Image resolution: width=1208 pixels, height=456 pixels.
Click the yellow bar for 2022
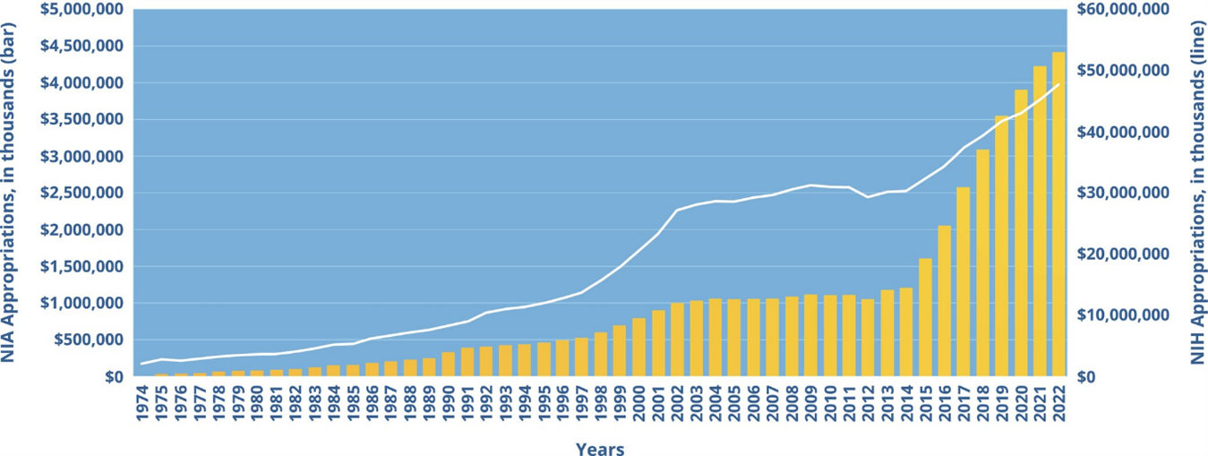pyautogui.click(x=1058, y=214)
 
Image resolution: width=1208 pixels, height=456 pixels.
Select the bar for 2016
pyautogui.click(x=945, y=301)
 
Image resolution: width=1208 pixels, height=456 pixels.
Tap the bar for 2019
pyautogui.click(x=1001, y=246)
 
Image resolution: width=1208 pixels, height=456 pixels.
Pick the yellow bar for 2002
pyautogui.click(x=677, y=340)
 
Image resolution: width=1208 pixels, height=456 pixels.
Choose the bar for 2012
pyautogui.click(x=868, y=338)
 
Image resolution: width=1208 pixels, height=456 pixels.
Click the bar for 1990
pyautogui.click(x=448, y=365)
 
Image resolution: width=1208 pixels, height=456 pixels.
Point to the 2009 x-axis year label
pyautogui.click(x=811, y=404)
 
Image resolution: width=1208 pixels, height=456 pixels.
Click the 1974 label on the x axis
pyautogui.click(x=141, y=404)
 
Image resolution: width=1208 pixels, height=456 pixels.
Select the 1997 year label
pyautogui.click(x=581, y=404)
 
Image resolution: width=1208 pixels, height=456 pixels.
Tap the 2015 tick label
pyautogui.click(x=926, y=404)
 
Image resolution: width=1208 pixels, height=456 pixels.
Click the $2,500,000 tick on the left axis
pyautogui.click(x=81, y=193)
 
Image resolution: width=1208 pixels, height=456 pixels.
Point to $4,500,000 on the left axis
pyautogui.click(x=81, y=46)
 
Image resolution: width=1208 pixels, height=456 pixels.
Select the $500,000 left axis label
pyautogui.click(x=89, y=340)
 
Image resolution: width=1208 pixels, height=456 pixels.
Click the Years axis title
pyautogui.click(x=600, y=448)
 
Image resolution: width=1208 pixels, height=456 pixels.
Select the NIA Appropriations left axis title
pyautogui.click(x=7, y=193)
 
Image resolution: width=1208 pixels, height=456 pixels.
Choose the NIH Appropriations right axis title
pyautogui.click(x=1197, y=193)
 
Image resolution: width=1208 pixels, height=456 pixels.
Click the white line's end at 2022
pyautogui.click(x=1059, y=84)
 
